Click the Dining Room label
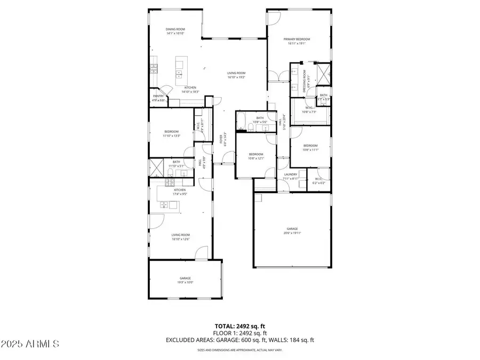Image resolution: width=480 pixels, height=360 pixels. click(x=175, y=31)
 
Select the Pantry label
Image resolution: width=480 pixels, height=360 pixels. click(x=158, y=98)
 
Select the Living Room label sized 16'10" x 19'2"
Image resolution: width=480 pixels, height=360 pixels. click(x=236, y=75)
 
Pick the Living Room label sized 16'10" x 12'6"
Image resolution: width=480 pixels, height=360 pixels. click(x=180, y=236)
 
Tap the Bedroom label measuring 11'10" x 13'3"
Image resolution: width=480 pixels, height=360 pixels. click(x=171, y=133)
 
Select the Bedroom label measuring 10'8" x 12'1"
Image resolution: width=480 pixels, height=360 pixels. click(x=256, y=156)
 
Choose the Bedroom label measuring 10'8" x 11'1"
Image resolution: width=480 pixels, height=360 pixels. click(x=310, y=147)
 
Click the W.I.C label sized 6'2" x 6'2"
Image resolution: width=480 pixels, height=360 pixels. click(x=318, y=180)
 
